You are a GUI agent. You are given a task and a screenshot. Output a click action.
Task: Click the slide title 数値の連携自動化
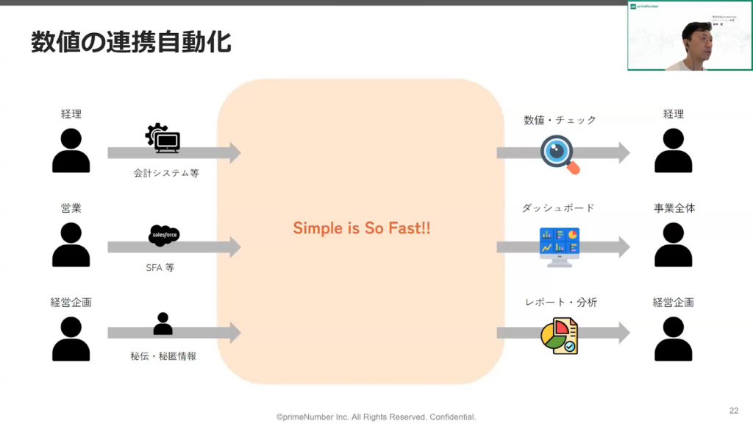[131, 42]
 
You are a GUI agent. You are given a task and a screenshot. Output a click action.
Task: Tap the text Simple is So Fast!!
[362, 228]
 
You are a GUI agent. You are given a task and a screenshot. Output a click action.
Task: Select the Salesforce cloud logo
[163, 235]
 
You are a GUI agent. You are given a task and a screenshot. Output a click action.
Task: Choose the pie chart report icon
[559, 336]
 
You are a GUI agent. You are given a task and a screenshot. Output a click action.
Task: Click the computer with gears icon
[163, 138]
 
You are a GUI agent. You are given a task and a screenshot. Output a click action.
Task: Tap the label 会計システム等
[166, 174]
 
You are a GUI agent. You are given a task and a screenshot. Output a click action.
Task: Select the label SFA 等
[160, 268]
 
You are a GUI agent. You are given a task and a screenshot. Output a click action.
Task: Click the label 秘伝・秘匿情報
[163, 356]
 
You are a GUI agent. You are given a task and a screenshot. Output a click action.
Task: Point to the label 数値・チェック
[560, 120]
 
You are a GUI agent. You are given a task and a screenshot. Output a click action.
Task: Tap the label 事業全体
[674, 208]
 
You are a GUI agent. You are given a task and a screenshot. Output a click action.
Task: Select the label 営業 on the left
[71, 208]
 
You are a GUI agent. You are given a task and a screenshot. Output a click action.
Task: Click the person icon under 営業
[71, 244]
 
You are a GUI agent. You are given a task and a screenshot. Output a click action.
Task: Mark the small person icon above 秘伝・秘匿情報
[163, 324]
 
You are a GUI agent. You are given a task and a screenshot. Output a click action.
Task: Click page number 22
[733, 410]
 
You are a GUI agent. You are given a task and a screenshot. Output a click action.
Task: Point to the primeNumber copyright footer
[376, 417]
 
